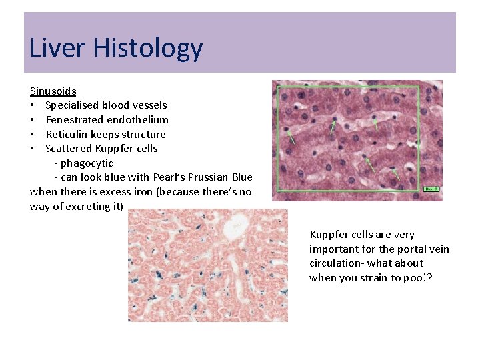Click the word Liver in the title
[x=59, y=48]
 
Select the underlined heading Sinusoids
[x=53, y=91]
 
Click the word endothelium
[x=137, y=120]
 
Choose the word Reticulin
[x=66, y=134]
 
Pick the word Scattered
[x=69, y=149]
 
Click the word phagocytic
[x=87, y=163]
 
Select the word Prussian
[x=213, y=177]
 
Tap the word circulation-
[x=337, y=263]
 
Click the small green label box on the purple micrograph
[x=431, y=189]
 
